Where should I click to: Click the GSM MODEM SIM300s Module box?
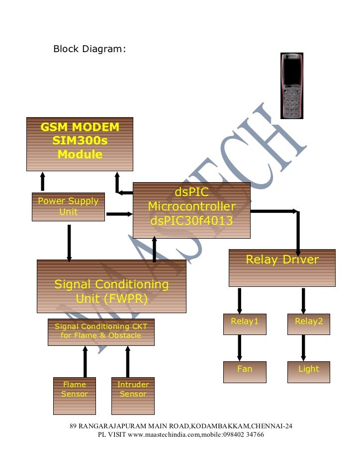coord(80,143)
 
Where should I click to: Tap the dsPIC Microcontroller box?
coord(191,210)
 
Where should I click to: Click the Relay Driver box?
coord(282,268)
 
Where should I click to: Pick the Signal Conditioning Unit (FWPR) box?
coord(111,286)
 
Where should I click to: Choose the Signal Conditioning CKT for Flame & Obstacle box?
coord(101,332)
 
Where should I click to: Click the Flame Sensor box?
coord(74,396)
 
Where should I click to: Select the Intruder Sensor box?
coord(133,396)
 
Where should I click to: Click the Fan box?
coord(245,371)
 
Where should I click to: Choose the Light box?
coord(309,371)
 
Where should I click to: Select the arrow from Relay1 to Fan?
coord(240,347)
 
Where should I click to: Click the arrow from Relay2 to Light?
coord(303,347)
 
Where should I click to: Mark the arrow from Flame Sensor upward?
coord(86,361)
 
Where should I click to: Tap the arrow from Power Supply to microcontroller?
coord(119,214)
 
